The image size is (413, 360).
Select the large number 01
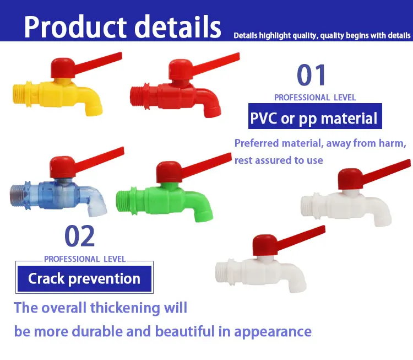point(312,76)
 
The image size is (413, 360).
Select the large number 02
point(80,236)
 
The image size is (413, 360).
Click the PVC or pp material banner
point(314,118)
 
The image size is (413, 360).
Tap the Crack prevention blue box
point(84,278)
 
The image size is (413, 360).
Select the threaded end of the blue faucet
point(19,195)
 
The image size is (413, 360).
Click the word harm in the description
point(388,143)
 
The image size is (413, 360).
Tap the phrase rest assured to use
point(279,160)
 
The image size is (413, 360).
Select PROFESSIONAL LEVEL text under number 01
point(315,98)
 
